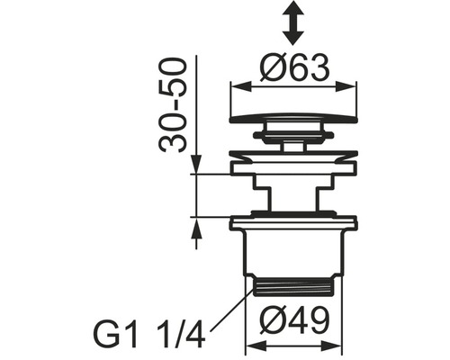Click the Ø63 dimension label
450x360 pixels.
point(294,68)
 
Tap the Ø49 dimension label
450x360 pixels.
point(294,320)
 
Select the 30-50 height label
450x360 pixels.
point(172,105)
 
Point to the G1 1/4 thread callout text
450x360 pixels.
point(149,334)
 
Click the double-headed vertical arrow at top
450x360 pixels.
point(292,22)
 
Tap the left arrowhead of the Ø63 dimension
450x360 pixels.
point(242,87)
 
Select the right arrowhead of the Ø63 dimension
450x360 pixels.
point(345,87)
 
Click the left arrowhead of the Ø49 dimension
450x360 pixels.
point(257,346)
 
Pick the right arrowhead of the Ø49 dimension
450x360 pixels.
point(330,346)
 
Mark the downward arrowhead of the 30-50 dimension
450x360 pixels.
point(196,164)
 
